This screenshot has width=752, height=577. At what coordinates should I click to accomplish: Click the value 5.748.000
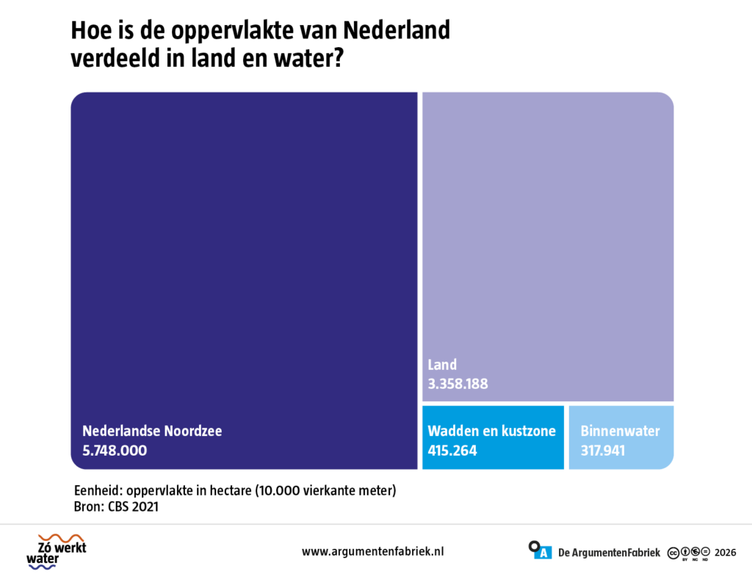(x=115, y=451)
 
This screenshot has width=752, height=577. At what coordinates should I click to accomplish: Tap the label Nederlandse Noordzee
(x=152, y=431)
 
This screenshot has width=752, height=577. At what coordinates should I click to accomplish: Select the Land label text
(x=442, y=365)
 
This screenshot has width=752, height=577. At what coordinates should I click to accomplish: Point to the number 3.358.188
(x=458, y=384)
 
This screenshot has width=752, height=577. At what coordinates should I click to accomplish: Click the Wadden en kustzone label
(x=491, y=431)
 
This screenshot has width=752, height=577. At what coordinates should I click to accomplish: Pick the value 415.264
(x=452, y=451)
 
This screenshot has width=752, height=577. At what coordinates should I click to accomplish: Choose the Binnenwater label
(x=620, y=431)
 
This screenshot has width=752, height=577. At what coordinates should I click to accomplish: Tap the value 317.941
(x=603, y=451)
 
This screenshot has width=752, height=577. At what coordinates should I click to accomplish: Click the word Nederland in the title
(x=397, y=30)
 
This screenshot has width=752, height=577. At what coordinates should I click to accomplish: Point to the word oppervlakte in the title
(x=232, y=31)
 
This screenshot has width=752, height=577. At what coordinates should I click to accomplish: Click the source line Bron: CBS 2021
(x=116, y=506)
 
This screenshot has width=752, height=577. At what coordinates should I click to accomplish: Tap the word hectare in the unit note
(x=230, y=490)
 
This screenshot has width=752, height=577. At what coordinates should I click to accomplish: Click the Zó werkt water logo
(x=57, y=551)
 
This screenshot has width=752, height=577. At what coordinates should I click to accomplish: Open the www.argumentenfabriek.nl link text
(x=372, y=551)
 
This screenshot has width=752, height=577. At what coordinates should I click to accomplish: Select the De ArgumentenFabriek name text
(x=609, y=553)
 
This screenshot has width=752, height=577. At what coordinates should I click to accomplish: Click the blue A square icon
(x=543, y=553)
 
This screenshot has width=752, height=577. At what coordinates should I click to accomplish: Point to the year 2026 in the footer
(x=725, y=553)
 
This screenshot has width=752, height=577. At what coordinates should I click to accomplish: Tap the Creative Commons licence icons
(x=689, y=553)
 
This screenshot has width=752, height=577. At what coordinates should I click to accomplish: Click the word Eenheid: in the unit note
(x=98, y=490)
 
